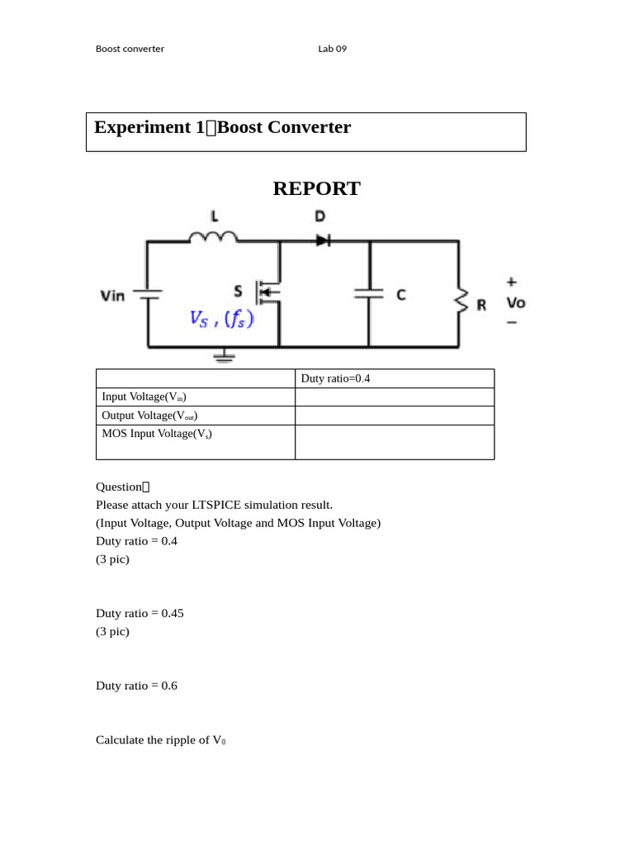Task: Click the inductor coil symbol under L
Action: pyautogui.click(x=213, y=237)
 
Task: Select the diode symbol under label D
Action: pyautogui.click(x=323, y=240)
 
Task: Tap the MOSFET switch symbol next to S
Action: pyautogui.click(x=268, y=291)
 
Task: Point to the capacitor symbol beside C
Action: pyautogui.click(x=369, y=293)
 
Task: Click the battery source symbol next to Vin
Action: pyautogui.click(x=148, y=294)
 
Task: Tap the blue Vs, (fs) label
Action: pyautogui.click(x=221, y=318)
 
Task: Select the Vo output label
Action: pyautogui.click(x=515, y=302)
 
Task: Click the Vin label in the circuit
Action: pyautogui.click(x=112, y=295)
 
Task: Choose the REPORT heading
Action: pyautogui.click(x=316, y=188)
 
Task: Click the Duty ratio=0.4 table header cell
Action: pyautogui.click(x=335, y=378)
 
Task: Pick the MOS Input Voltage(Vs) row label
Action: pyautogui.click(x=157, y=434)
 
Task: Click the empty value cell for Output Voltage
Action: pyautogui.click(x=395, y=416)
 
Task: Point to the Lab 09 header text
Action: pyautogui.click(x=332, y=49)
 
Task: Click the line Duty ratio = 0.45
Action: pyautogui.click(x=140, y=613)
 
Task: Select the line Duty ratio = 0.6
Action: pyautogui.click(x=136, y=686)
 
